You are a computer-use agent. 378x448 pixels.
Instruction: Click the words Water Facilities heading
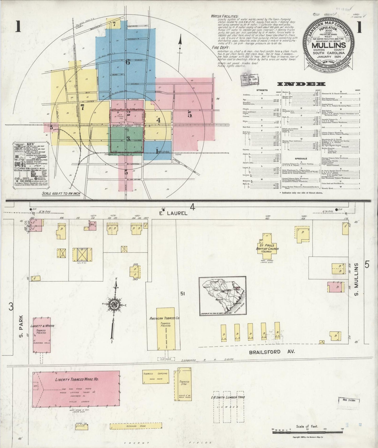(x=225, y=16)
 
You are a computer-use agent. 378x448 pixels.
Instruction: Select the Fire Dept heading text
(x=221, y=48)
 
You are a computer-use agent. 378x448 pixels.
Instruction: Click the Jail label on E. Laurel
(x=92, y=224)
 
